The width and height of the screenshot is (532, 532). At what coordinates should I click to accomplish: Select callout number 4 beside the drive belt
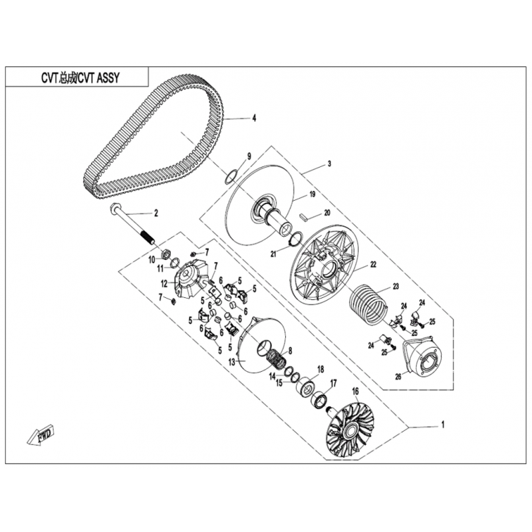[x=254, y=118]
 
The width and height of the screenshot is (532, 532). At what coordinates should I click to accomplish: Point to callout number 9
[x=249, y=156]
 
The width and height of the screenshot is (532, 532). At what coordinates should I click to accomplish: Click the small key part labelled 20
[x=304, y=217]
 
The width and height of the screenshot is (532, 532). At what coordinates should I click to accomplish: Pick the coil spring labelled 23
[x=368, y=304]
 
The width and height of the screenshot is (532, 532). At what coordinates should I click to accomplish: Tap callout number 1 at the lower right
[x=442, y=424]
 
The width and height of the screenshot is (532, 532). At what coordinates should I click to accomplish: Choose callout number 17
[x=334, y=384]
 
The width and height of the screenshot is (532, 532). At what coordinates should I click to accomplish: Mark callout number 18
[x=321, y=369]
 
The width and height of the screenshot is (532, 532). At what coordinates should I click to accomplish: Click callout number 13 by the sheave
[x=231, y=362]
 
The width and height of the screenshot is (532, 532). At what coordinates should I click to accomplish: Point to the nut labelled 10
[x=166, y=254]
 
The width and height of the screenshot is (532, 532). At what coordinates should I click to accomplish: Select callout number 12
[x=164, y=283]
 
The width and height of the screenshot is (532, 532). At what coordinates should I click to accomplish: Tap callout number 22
[x=373, y=265]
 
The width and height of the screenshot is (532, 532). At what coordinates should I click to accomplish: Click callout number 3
[x=329, y=164]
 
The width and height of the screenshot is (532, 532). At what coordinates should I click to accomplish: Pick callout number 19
[x=312, y=194]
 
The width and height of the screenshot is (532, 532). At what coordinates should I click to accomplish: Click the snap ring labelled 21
[x=295, y=237]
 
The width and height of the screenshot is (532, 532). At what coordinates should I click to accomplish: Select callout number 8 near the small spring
[x=290, y=350]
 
